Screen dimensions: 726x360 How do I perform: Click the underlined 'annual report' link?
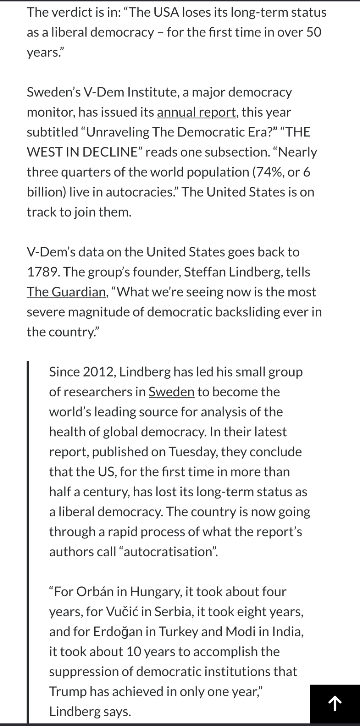click(196, 112)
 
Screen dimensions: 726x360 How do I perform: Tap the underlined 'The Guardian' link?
click(66, 292)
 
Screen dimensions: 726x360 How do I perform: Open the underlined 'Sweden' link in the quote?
click(171, 392)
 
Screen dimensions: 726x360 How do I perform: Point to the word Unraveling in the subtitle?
click(118, 132)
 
